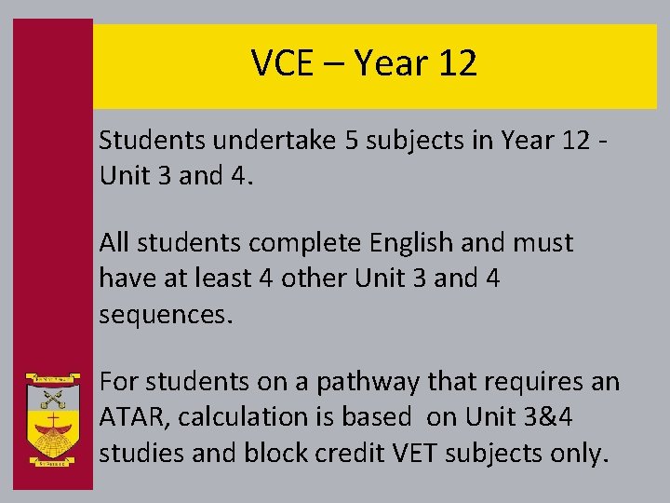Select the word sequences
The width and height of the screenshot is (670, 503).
[165, 315]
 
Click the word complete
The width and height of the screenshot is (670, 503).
[303, 243]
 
